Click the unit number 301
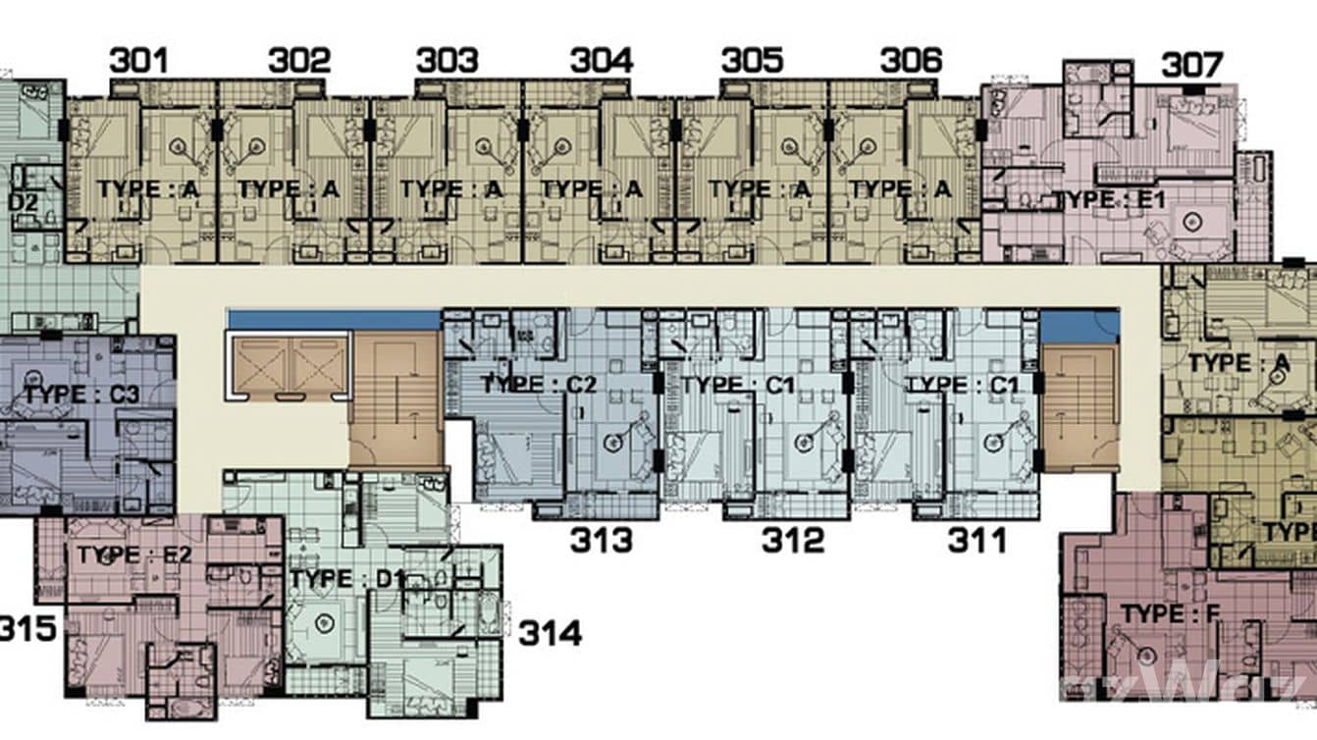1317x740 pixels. pos(138,61)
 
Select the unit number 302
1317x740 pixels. pos(299,61)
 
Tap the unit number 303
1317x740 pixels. pos(447,61)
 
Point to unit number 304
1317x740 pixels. pos(602,61)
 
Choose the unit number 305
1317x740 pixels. pos(753,61)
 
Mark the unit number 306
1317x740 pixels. pos(911,61)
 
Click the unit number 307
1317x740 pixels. pos(1192,66)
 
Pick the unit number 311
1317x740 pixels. pos(976,540)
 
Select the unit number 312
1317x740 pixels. pos(793,540)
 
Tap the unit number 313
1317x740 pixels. pos(602,540)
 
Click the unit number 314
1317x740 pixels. pos(550,633)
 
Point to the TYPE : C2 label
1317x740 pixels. pos(538,385)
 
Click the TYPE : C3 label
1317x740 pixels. pos(82,395)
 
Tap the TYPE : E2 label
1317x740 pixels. pos(135,555)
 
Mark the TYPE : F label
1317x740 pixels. pos(1169,614)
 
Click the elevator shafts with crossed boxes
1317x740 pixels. pos(288,366)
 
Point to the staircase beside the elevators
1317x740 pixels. pos(395,396)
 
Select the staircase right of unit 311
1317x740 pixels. pos(1077,403)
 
